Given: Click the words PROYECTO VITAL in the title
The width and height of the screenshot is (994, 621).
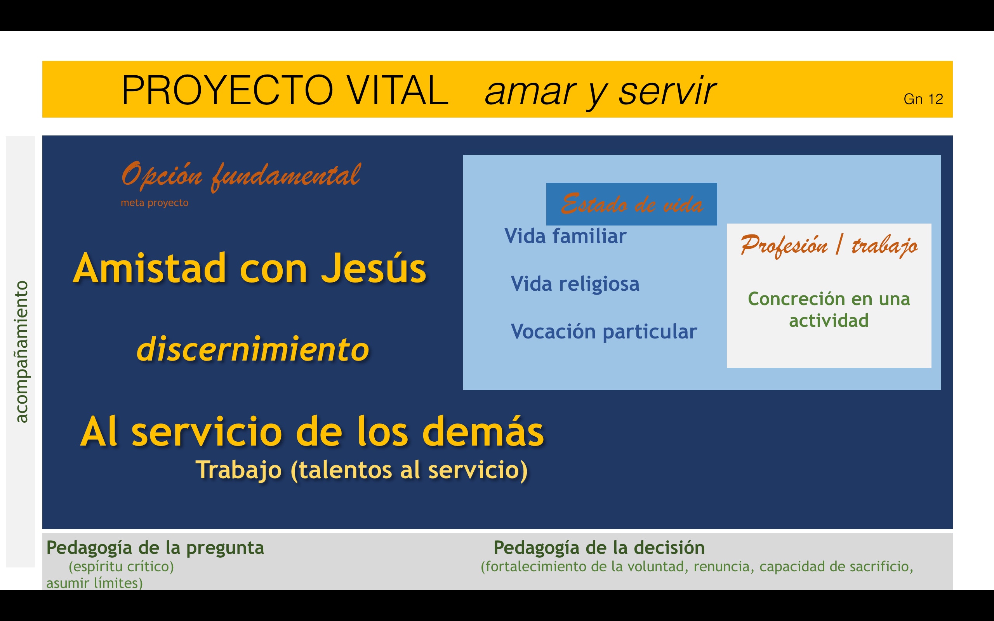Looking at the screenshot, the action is coord(285,90).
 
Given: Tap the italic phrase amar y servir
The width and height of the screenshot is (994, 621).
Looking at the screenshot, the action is coord(601,92).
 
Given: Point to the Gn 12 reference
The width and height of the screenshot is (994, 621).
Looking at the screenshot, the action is coord(923,99).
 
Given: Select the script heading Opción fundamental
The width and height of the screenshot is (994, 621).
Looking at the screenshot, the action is coord(241,176).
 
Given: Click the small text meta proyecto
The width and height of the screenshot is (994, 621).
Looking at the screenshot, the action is coord(155,203).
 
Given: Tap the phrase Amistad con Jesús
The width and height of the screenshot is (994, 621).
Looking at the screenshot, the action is coord(250,269).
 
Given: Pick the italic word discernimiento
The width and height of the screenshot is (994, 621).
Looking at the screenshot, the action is coord(253,349).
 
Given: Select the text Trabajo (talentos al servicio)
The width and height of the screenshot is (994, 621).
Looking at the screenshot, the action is coord(361,470).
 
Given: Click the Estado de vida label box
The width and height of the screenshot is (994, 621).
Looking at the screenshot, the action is coord(632,204).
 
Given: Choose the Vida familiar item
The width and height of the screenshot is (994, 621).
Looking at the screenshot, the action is coord(565,236).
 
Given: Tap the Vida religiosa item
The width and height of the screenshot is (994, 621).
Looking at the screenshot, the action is coord(575,284).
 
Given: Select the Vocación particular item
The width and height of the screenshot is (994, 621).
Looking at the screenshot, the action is coord(604,331).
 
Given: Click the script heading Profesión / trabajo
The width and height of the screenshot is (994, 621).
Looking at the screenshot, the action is coord(829,246).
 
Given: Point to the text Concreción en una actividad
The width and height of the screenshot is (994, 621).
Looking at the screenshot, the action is coord(829,309).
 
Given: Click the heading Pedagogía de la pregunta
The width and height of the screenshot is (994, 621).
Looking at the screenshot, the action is coord(155,548).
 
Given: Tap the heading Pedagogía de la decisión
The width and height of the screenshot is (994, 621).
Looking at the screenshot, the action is coord(599,548).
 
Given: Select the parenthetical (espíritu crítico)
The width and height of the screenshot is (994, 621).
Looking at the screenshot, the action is coord(121,567).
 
